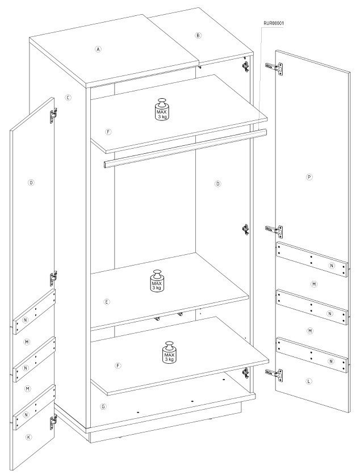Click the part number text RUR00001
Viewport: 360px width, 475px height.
point(274,23)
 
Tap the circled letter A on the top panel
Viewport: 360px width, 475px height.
point(98,49)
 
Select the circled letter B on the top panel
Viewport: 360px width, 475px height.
point(198,35)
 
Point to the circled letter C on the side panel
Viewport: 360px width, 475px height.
point(68,98)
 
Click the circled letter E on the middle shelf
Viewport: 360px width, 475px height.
point(107,302)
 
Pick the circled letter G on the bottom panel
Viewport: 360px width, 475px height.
point(103,406)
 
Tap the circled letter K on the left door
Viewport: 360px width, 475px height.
point(29,437)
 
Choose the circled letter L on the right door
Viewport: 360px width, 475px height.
point(309,381)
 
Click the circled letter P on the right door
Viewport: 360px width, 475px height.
point(309,177)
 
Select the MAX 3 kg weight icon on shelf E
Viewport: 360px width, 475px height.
point(157,281)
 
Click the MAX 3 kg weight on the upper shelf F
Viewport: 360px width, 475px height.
point(162,109)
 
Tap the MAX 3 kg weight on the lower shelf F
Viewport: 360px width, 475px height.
point(169,352)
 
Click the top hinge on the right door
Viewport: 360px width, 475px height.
point(274,68)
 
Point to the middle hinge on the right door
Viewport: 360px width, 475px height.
point(274,231)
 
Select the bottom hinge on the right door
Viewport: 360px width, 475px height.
point(274,375)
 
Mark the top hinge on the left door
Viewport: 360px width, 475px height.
point(53,115)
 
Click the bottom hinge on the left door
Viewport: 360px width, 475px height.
point(53,422)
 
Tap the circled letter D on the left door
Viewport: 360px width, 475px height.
point(31,182)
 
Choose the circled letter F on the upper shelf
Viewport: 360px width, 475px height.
point(108,132)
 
